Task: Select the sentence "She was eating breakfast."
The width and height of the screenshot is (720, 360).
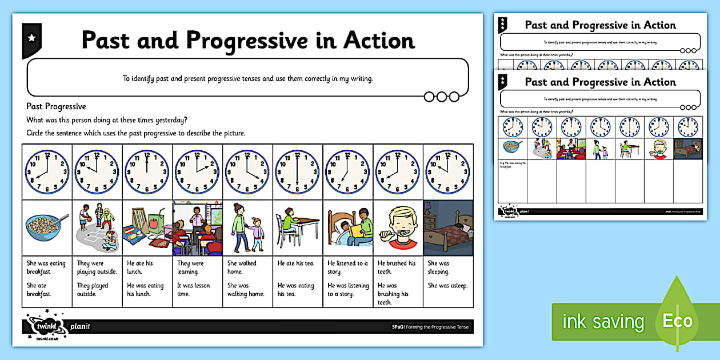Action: point(46,267)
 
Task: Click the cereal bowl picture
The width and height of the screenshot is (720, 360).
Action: point(46,227)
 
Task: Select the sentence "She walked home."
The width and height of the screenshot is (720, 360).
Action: point(242,267)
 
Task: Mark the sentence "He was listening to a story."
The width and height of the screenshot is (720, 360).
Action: point(347,290)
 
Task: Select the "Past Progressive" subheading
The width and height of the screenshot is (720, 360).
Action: point(57,106)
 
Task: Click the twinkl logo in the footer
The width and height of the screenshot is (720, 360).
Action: point(44,327)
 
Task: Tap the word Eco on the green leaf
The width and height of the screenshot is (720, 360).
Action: point(677,320)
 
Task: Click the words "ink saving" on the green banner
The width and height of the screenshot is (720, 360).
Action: point(602,322)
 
